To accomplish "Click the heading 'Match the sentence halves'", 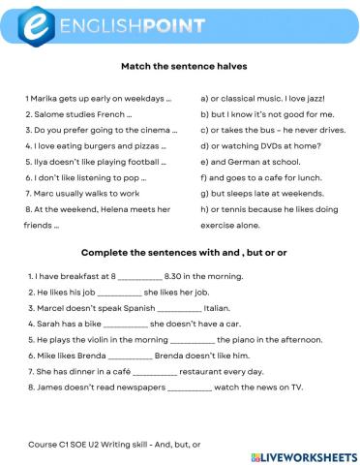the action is pyautogui.click(x=179, y=67).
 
